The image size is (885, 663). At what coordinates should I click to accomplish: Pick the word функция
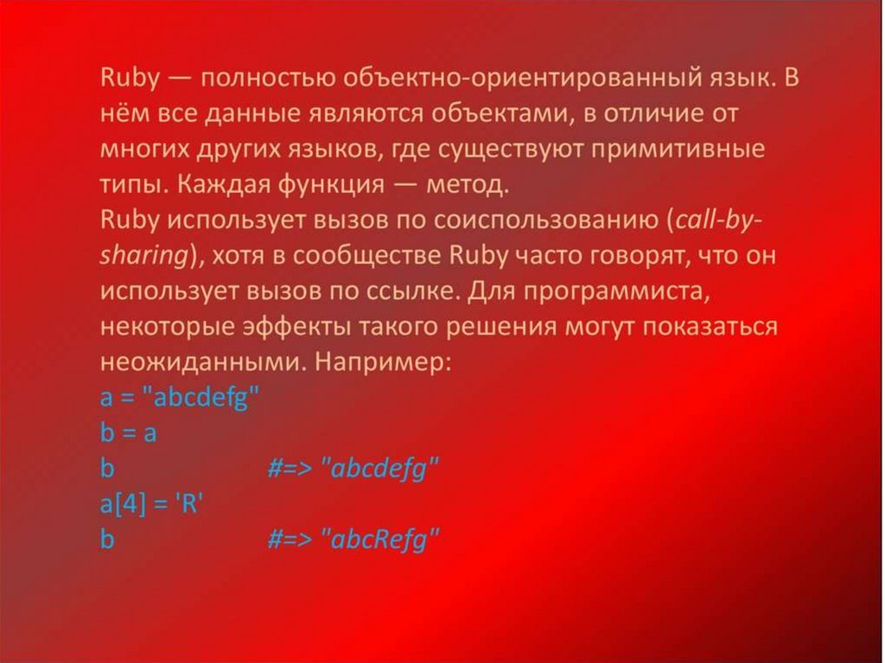307,185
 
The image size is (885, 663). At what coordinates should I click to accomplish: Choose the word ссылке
404,291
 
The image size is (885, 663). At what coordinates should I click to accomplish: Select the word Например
381,362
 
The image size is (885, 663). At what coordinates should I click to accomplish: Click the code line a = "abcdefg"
180,398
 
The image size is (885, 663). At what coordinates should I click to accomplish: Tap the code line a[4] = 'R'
150,504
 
